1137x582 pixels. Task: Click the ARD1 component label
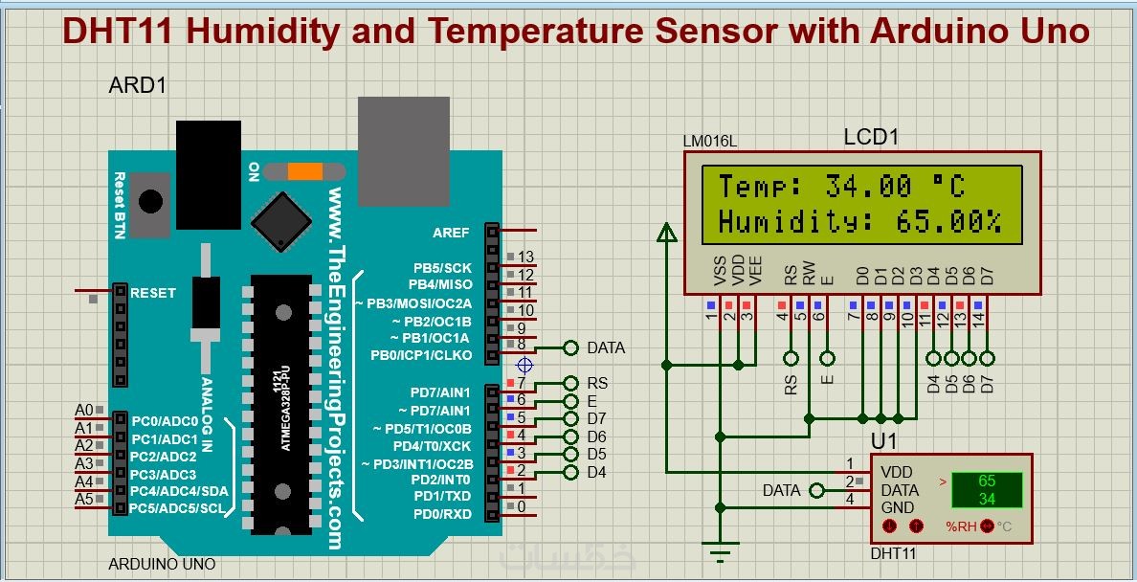click(x=139, y=85)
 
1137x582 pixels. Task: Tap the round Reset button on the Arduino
click(x=150, y=201)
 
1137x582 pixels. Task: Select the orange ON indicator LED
click(x=305, y=172)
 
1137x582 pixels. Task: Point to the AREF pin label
click(x=451, y=233)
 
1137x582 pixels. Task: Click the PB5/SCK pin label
click(x=441, y=267)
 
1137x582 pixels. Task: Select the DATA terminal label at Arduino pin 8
click(x=606, y=347)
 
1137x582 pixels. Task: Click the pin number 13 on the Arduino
click(x=525, y=257)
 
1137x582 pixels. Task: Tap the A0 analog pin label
click(x=84, y=410)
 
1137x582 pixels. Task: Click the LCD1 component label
click(x=871, y=137)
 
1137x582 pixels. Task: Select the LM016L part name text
click(x=710, y=142)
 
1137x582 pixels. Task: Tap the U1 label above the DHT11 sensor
click(x=884, y=441)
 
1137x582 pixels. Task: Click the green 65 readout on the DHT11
click(x=987, y=481)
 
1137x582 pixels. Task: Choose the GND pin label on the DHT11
click(x=897, y=507)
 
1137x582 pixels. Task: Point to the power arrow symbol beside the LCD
click(x=666, y=232)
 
